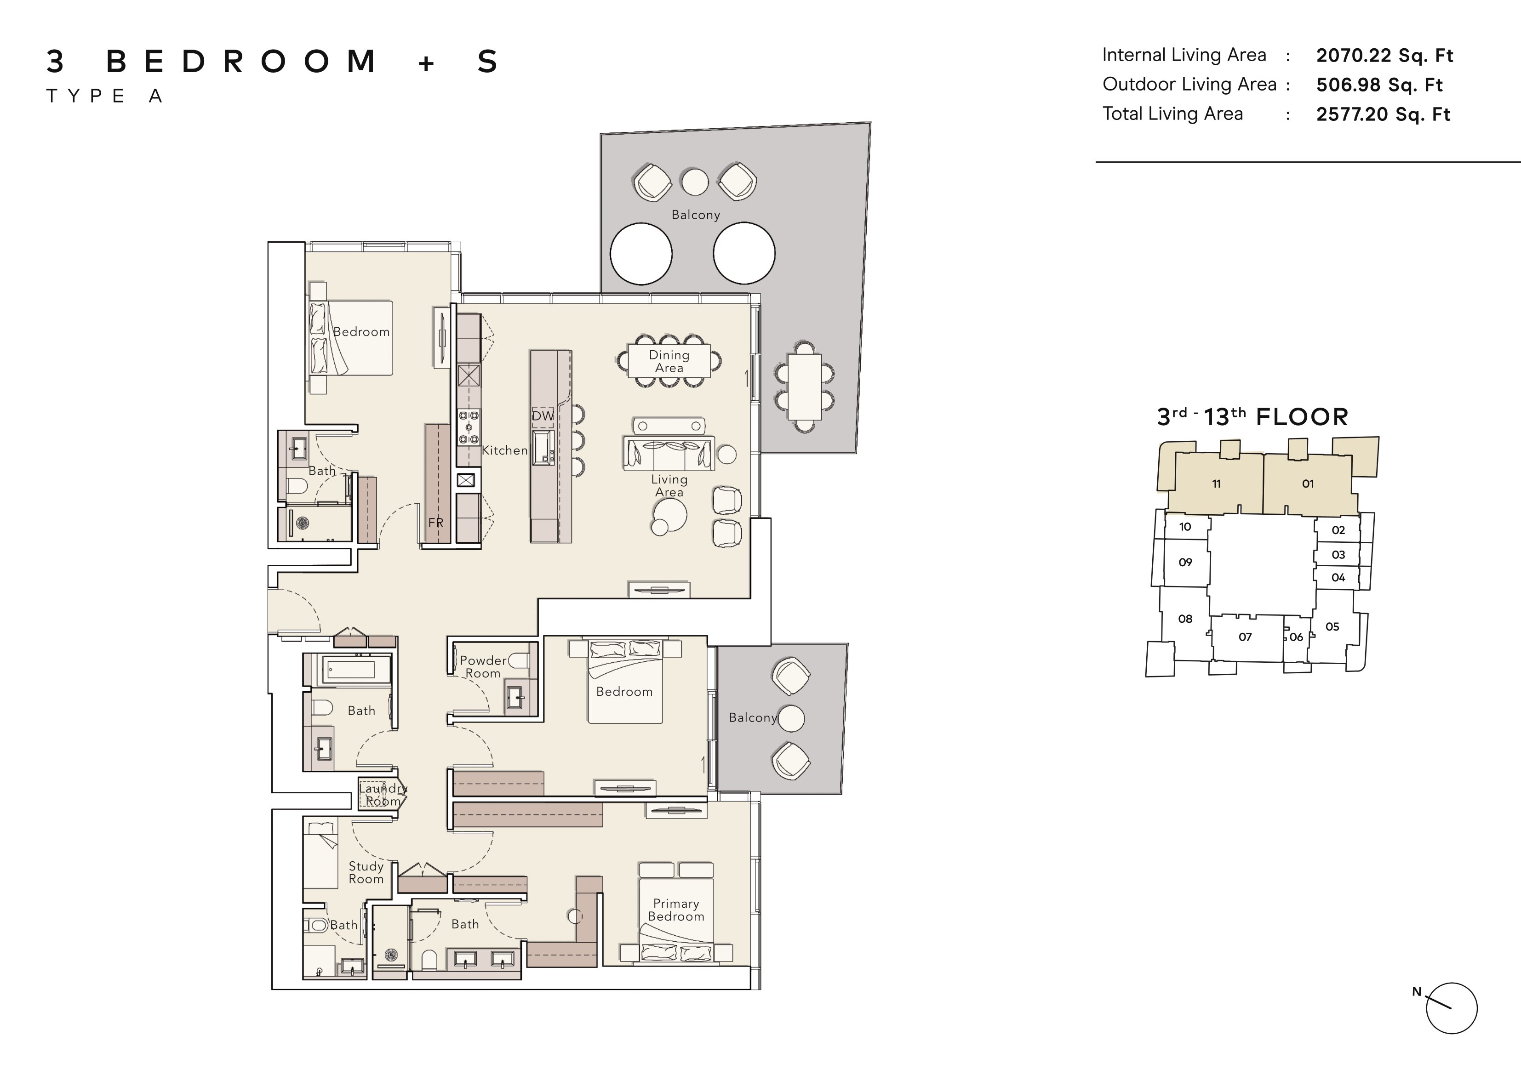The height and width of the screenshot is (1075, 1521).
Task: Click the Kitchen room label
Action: [x=505, y=450]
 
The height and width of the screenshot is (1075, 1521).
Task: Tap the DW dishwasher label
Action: [x=543, y=416]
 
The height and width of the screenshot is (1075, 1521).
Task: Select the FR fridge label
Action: [x=436, y=523]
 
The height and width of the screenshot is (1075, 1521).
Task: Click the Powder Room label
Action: [x=483, y=666]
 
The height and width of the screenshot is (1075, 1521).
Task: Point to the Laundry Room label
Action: [x=383, y=795]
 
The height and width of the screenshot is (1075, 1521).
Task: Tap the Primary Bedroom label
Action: [x=676, y=910]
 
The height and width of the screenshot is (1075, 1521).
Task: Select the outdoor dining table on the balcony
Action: [x=804, y=387]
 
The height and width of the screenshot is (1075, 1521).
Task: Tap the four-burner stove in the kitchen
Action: [x=469, y=427]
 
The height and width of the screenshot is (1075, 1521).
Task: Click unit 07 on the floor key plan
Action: [x=1246, y=637]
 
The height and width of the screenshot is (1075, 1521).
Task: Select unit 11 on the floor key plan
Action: [x=1216, y=483]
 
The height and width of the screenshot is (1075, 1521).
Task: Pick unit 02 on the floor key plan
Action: [x=1338, y=530]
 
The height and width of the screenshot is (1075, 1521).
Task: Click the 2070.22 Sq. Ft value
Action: [x=1384, y=56]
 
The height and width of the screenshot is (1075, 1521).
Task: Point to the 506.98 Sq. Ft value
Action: [x=1379, y=85]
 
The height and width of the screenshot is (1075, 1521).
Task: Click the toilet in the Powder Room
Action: [x=520, y=660]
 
